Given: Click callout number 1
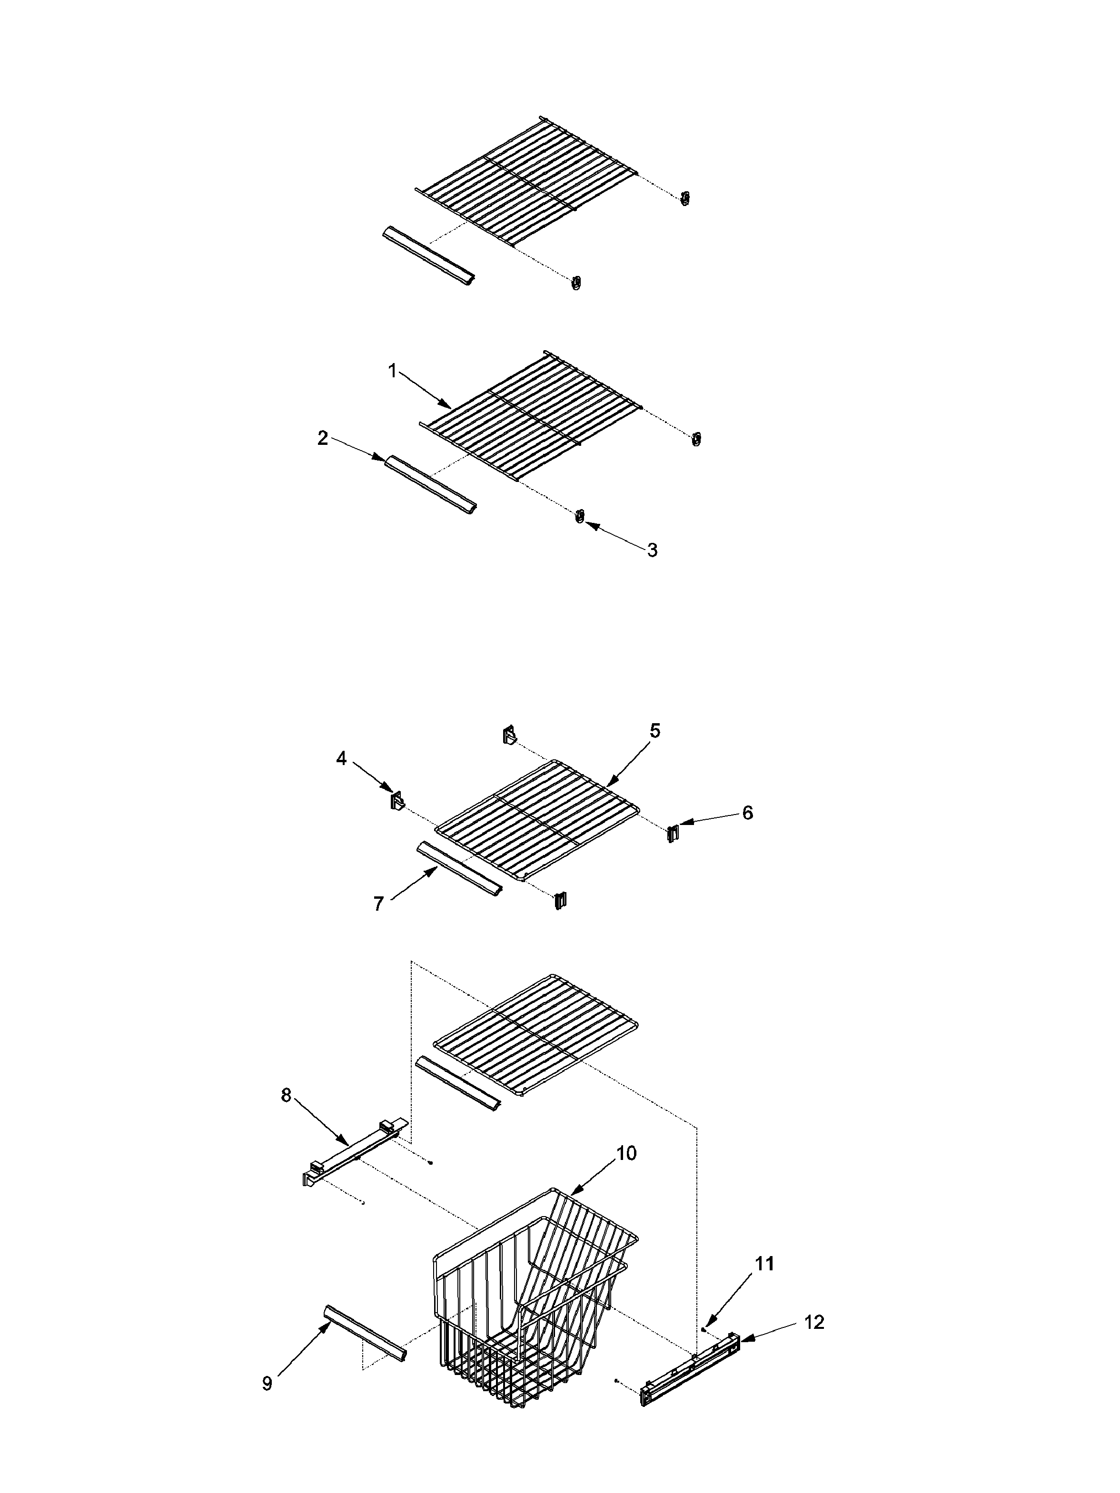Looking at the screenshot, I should [392, 371].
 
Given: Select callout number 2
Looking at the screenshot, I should [323, 438].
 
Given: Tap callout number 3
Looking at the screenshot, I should [652, 550].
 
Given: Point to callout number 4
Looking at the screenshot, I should [342, 759].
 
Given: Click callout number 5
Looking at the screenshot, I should [654, 731].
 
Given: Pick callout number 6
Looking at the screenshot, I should [747, 813].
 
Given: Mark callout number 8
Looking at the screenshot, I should [286, 1095].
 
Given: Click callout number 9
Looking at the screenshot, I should [268, 1383].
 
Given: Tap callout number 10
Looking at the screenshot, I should [626, 1153].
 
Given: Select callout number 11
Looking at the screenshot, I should [763, 1264].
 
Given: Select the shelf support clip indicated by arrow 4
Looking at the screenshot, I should [396, 800].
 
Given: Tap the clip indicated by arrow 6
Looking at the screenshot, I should [672, 834].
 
